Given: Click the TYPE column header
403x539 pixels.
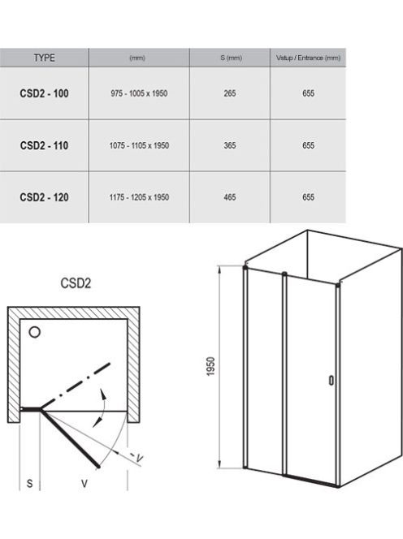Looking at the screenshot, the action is [x=45, y=58].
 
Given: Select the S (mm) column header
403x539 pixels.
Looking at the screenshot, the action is [x=231, y=58].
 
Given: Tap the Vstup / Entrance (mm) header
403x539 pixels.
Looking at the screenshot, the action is [x=308, y=58].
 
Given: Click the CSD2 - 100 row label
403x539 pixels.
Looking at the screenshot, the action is [x=44, y=93].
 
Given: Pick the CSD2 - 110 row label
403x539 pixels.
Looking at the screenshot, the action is [x=44, y=145].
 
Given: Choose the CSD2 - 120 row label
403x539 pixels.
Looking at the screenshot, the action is [x=44, y=197].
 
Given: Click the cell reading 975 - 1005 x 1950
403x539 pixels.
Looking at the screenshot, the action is [x=139, y=93].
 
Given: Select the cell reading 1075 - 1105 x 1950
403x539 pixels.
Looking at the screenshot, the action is [x=139, y=145].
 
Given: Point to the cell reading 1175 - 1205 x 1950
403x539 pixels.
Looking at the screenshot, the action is [x=139, y=197].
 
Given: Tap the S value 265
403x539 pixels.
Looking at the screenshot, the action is [x=230, y=93].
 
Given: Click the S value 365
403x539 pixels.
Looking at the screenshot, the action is [x=230, y=145].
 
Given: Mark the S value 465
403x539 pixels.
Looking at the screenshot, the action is [x=230, y=197].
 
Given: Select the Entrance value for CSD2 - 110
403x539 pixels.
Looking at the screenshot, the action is [x=308, y=145].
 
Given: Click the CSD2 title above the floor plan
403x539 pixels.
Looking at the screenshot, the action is [x=76, y=283].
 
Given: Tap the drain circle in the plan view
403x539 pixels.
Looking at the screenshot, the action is [x=34, y=332].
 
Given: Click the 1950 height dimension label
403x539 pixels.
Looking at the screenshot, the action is [x=210, y=366].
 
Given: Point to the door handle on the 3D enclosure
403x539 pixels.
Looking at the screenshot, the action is [x=331, y=380].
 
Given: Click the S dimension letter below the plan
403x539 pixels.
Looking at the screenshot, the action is [x=30, y=484].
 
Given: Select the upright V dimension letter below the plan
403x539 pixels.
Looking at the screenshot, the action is [x=84, y=484].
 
